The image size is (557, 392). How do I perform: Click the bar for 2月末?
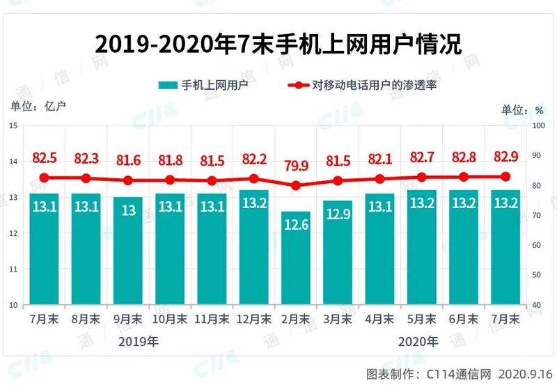[x=295, y=258]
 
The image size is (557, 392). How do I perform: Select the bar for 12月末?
[x=253, y=247]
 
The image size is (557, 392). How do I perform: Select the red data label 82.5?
[x=45, y=158]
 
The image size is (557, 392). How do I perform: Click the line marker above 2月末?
[x=295, y=186]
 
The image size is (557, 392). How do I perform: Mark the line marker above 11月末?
[x=212, y=181]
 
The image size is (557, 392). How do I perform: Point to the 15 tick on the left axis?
[x=14, y=126]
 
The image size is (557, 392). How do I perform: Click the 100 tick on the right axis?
[x=538, y=126]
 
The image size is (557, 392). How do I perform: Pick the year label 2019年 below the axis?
[x=139, y=341]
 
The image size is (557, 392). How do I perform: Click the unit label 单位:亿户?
[x=38, y=107]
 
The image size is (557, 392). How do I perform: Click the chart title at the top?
[x=278, y=44]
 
